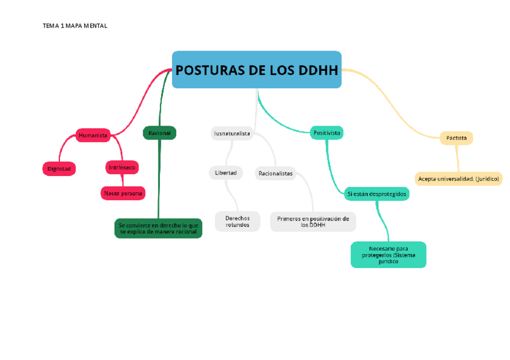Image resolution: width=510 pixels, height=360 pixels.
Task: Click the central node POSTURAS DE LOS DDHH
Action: point(257,70)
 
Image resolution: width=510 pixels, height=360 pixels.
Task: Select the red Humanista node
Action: point(93,135)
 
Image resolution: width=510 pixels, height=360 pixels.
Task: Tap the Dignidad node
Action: point(59,169)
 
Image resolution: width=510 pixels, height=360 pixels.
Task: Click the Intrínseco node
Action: point(122,167)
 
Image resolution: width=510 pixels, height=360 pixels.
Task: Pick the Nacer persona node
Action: point(123,193)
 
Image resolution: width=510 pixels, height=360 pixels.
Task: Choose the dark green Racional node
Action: point(159,133)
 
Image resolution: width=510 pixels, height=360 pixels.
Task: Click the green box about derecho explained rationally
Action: point(159,228)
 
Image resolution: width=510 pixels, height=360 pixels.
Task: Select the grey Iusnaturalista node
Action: point(232,133)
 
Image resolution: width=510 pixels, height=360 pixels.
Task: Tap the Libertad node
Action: point(226,173)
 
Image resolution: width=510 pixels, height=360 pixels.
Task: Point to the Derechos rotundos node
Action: point(238,221)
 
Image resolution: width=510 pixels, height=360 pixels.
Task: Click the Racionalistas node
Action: point(275,174)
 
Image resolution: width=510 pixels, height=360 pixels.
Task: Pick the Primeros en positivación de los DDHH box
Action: point(313,222)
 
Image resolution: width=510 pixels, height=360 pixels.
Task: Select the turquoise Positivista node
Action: point(327,132)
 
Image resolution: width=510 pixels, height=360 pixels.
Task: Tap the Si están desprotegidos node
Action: point(377,194)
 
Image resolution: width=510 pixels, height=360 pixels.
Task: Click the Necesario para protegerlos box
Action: point(389,255)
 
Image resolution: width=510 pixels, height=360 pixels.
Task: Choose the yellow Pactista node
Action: point(456,138)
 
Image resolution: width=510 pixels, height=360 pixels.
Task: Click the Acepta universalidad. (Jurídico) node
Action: point(459,178)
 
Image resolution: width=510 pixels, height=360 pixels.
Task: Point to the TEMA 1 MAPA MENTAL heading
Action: point(75,26)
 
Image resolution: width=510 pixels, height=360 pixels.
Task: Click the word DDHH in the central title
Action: point(318,70)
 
